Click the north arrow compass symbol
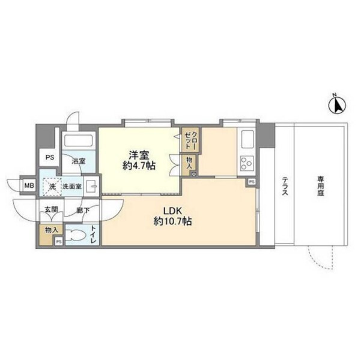coord(337,105)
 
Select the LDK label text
coord(172,211)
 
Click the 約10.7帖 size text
coord(172,221)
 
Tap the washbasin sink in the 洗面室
coord(92,186)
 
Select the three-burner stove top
coord(247,163)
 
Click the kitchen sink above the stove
coord(247,139)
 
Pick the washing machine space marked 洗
coord(52,187)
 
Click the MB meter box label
coord(29,185)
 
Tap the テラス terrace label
coord(285,185)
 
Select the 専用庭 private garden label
coord(321,186)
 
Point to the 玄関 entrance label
coord(51,209)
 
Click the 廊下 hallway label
coord(83,210)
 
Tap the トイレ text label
coord(94,235)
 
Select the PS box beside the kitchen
coord(252,182)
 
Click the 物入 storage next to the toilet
coord(51,230)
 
